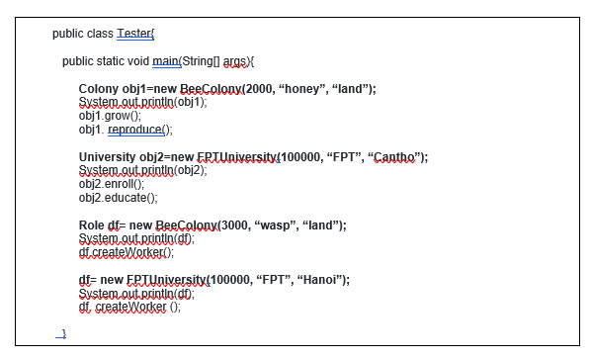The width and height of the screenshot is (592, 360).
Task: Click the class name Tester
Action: pyautogui.click(x=134, y=34)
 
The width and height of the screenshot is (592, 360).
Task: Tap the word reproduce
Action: pyautogui.click(x=137, y=129)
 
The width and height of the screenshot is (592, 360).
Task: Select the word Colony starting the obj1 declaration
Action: pyautogui.click(x=98, y=89)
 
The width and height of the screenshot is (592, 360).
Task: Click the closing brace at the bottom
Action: pyautogui.click(x=62, y=334)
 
